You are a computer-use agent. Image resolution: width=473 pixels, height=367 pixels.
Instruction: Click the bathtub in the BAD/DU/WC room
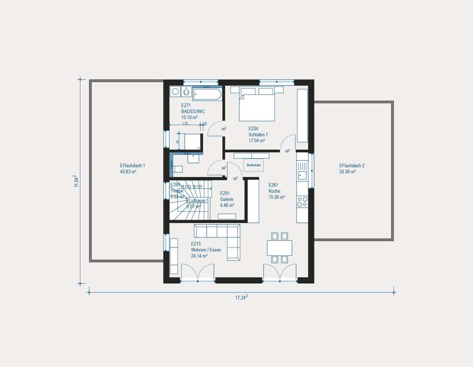click(207, 94)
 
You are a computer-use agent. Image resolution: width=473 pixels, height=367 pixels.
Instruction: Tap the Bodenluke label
click(254, 165)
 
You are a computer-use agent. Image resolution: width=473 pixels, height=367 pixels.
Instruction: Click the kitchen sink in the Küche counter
click(303, 174)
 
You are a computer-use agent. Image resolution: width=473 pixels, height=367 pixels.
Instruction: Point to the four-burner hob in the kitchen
click(303, 201)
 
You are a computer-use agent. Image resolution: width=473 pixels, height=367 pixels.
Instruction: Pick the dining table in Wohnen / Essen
click(279, 248)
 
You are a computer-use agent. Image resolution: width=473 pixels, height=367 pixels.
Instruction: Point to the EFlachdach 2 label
click(352, 165)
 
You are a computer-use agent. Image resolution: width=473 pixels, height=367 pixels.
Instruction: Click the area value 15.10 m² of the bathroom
click(190, 117)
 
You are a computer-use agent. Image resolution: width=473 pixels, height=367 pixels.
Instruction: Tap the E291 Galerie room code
click(225, 193)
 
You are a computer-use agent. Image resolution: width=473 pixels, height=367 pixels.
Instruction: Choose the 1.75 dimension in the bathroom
click(185, 124)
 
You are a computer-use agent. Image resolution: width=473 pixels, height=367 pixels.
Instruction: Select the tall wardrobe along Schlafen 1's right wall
click(303, 115)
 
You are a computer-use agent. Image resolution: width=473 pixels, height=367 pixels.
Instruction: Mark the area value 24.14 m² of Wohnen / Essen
click(199, 256)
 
